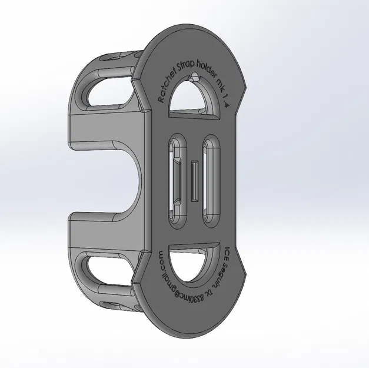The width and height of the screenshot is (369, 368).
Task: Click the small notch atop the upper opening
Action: tap(194, 77)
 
